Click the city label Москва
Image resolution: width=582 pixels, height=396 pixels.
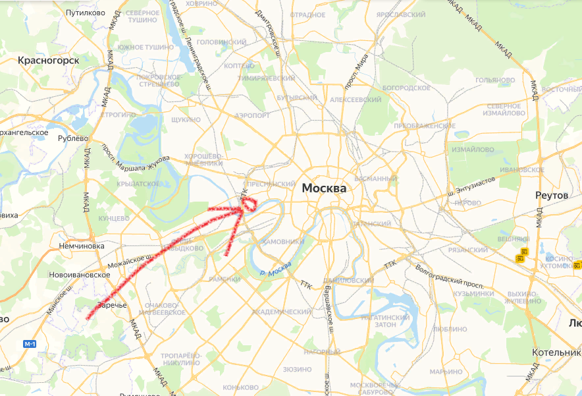pos(324,188)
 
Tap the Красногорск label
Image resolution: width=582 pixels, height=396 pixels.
pos(49,61)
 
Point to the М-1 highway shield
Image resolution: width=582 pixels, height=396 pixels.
pos(30,344)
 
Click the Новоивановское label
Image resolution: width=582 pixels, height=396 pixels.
pos(79,274)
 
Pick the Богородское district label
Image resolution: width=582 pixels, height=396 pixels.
pos(406,88)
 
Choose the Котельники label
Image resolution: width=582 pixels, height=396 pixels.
pos(556,353)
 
